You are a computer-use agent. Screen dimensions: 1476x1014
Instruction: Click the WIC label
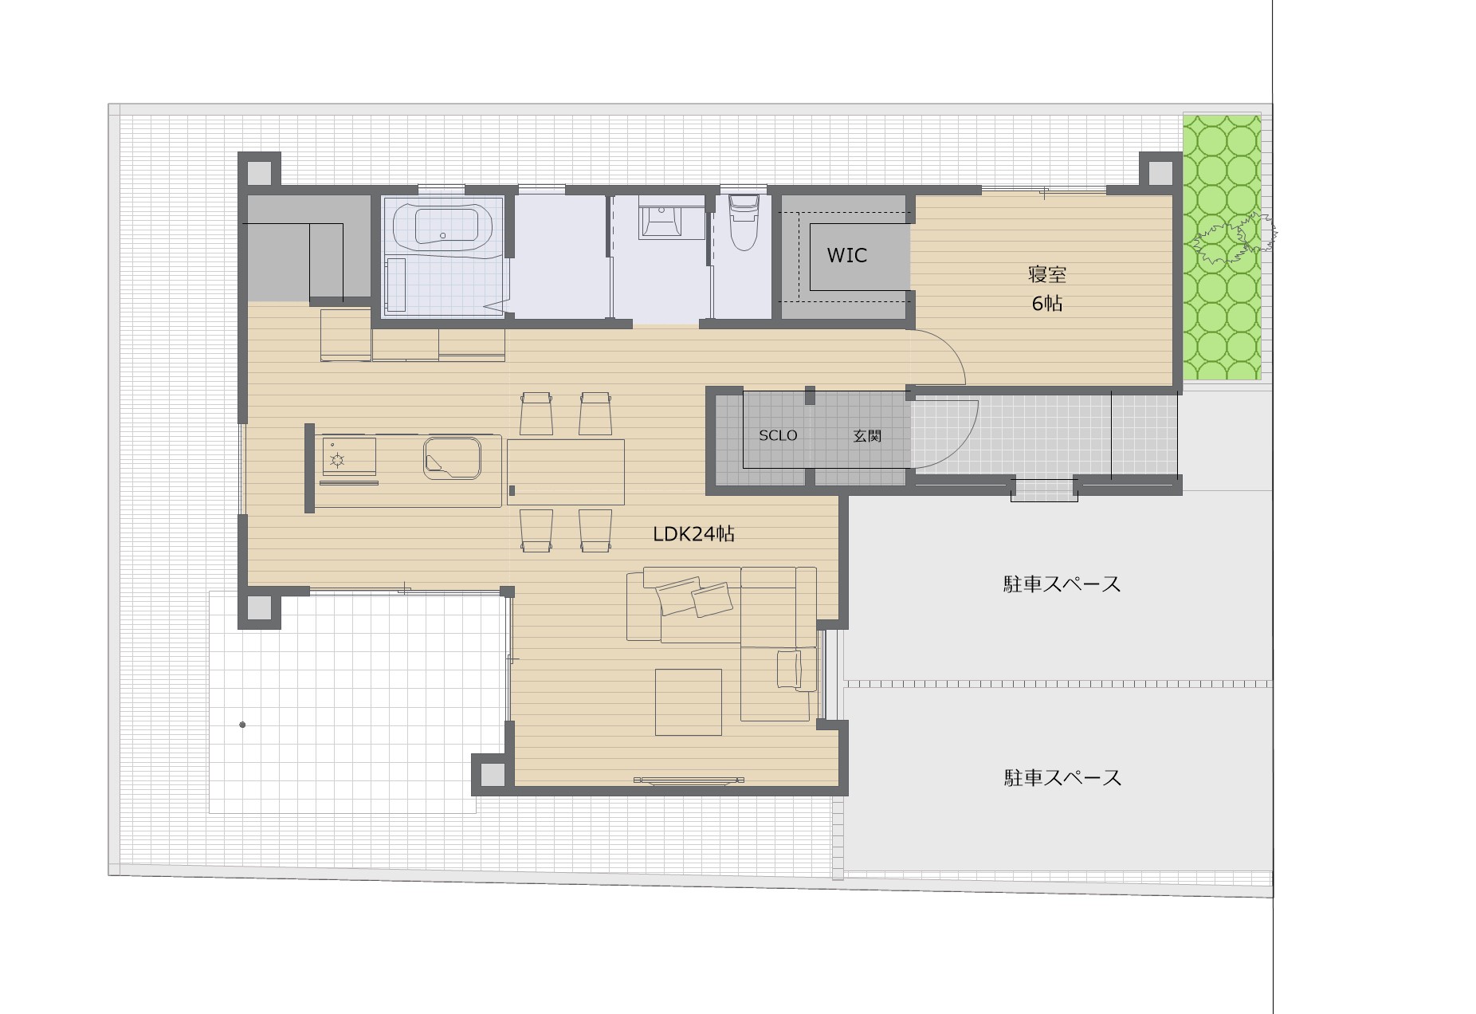846,256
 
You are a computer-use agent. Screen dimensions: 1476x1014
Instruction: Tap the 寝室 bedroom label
1046,275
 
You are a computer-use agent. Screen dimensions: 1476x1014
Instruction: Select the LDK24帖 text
693,534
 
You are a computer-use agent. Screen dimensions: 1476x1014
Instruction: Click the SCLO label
778,435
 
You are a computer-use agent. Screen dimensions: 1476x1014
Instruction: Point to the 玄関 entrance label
867,436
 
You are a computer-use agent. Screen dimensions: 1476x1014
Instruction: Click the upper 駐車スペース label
1062,584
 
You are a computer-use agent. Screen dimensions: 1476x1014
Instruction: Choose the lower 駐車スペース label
1062,777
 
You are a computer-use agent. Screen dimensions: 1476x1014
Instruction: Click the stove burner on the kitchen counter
336,459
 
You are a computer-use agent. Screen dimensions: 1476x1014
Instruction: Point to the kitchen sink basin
452,458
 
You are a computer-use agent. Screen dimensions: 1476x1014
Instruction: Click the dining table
565,472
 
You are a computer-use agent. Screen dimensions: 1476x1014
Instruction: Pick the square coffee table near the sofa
689,702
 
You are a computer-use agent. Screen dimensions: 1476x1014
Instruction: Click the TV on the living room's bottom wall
689,780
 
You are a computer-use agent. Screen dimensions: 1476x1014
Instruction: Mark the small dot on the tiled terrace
242,725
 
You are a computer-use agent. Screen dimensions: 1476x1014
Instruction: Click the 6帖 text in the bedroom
1046,304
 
